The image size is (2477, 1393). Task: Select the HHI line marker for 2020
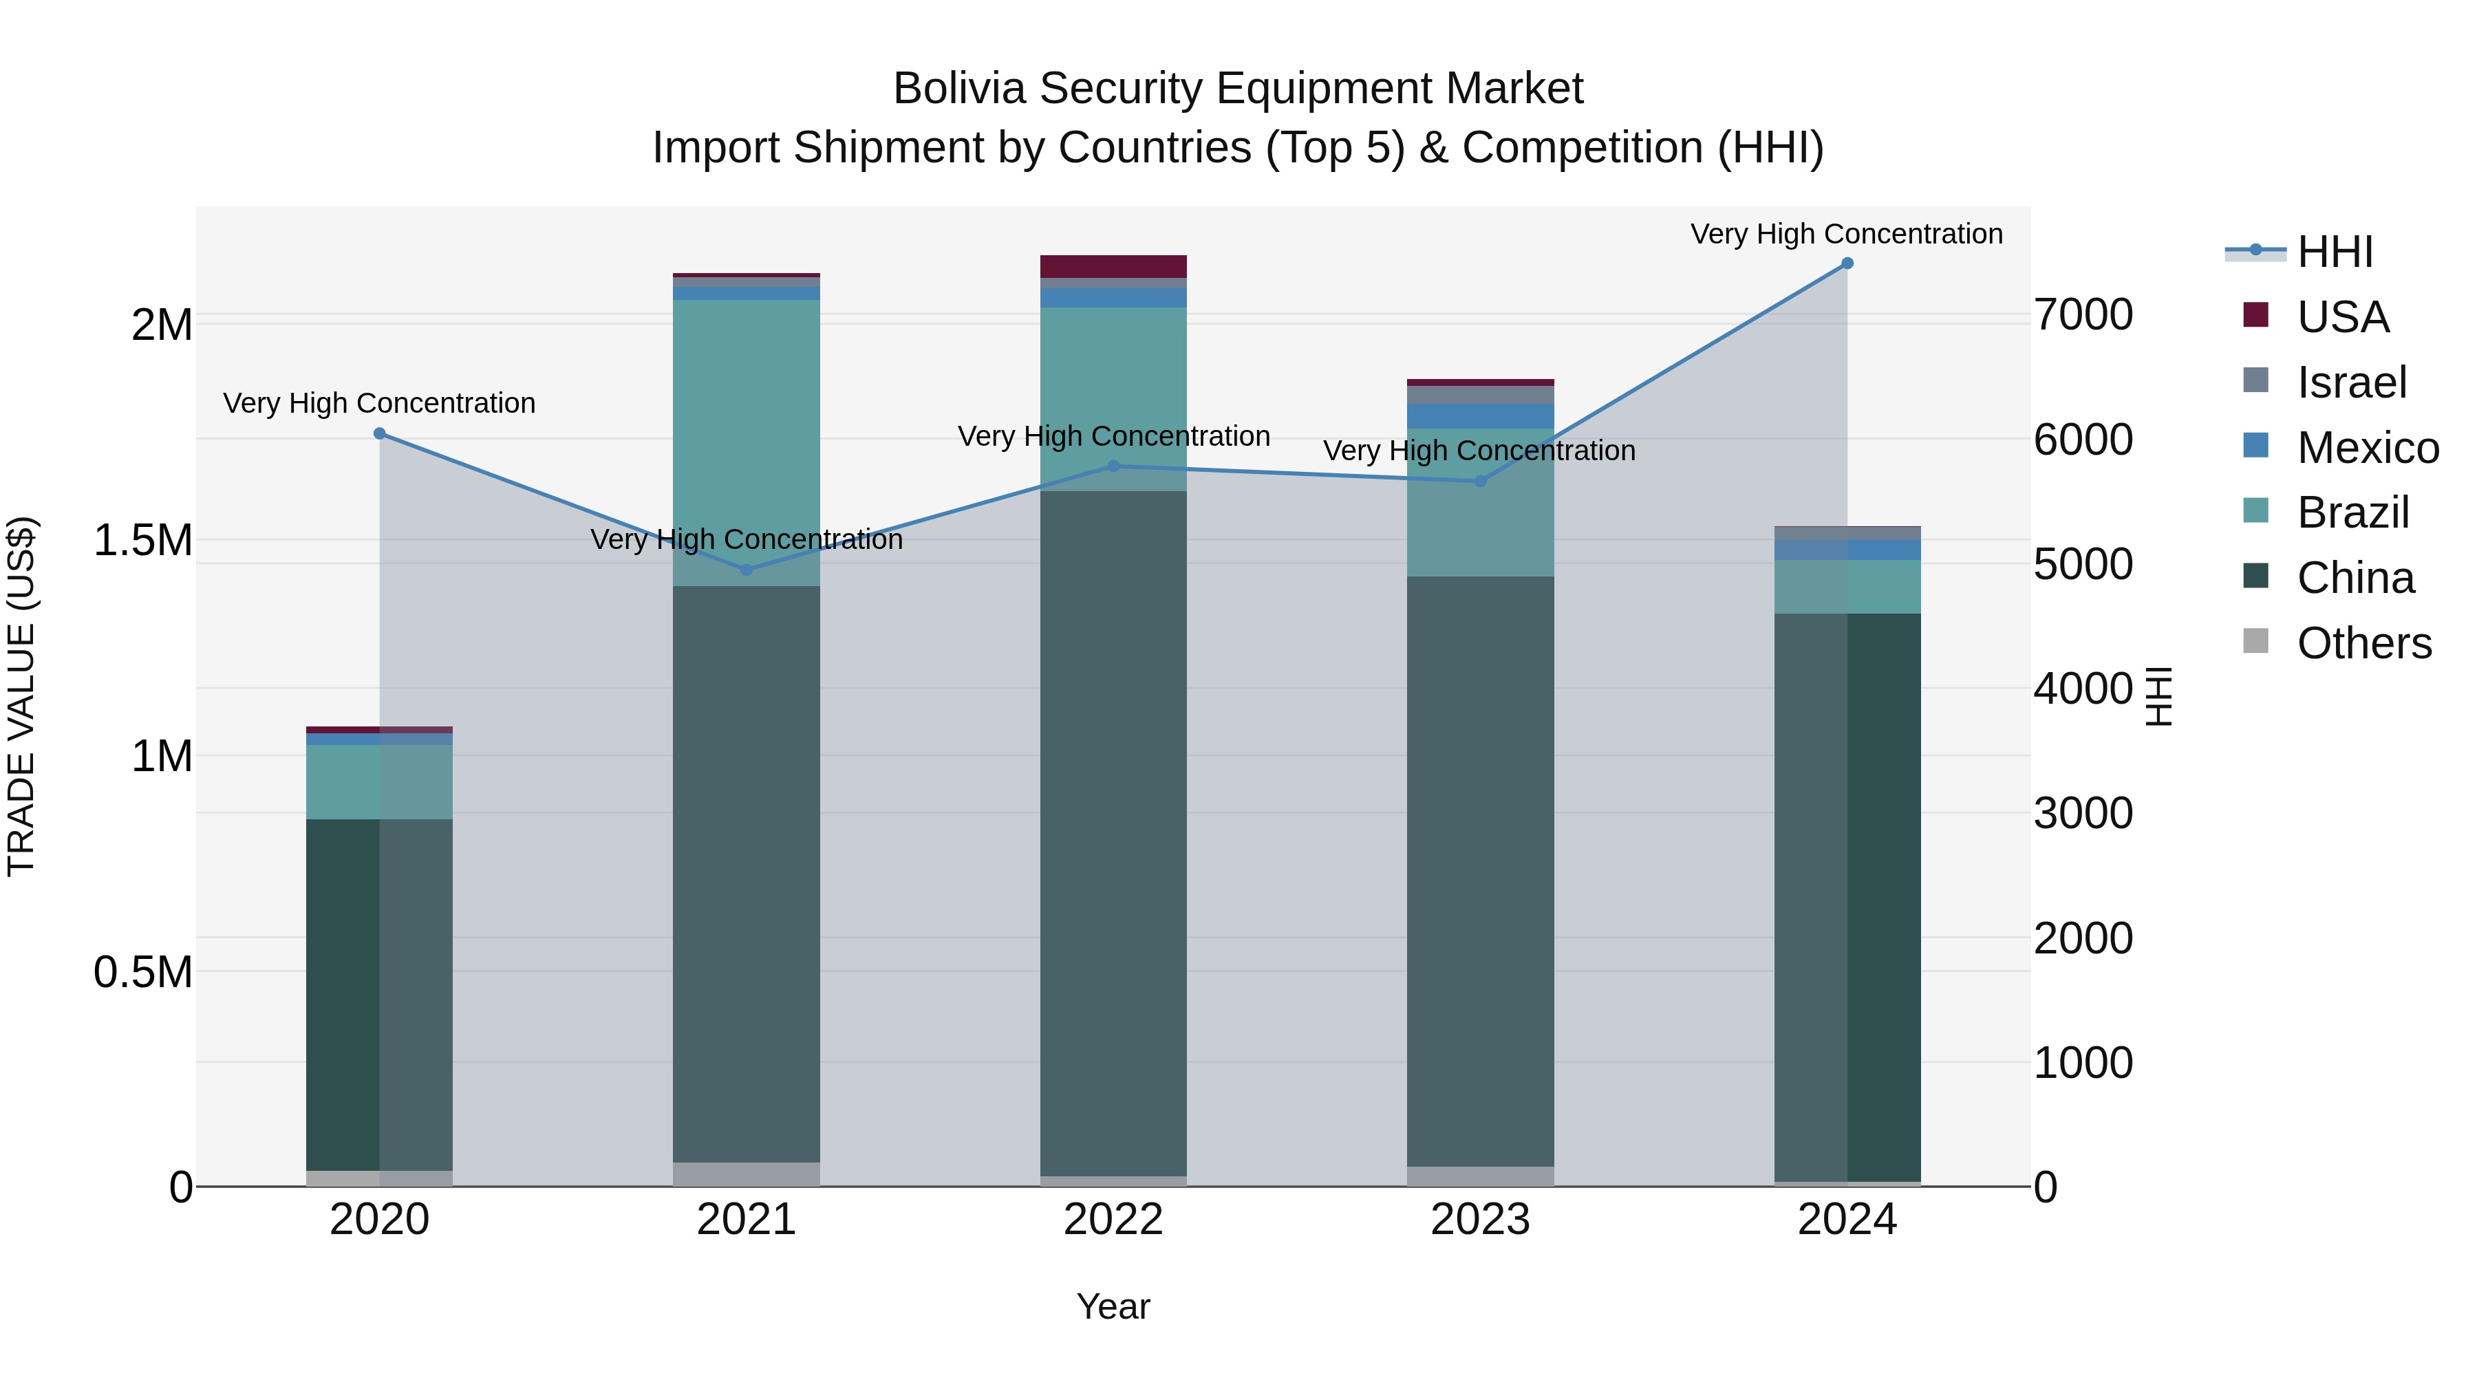tap(379, 433)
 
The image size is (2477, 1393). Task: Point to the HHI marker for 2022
tap(1113, 466)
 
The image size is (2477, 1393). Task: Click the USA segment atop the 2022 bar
tap(1113, 266)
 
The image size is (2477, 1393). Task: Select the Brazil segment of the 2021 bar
tap(746, 442)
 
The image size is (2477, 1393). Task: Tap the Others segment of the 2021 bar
tap(746, 1174)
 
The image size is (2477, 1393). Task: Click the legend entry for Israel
tap(2351, 382)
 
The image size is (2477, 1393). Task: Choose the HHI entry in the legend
tap(2335, 252)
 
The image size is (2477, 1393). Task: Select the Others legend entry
tap(2363, 643)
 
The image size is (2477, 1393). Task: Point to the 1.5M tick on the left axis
tap(142, 540)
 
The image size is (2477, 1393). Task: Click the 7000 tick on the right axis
tap(2083, 315)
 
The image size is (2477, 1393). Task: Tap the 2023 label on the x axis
tap(1480, 1220)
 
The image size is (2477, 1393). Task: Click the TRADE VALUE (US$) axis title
tap(21, 696)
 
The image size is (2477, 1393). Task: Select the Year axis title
tap(1113, 1306)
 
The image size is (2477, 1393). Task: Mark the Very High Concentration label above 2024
tap(1846, 234)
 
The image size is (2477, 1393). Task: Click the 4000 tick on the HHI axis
tap(2083, 689)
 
